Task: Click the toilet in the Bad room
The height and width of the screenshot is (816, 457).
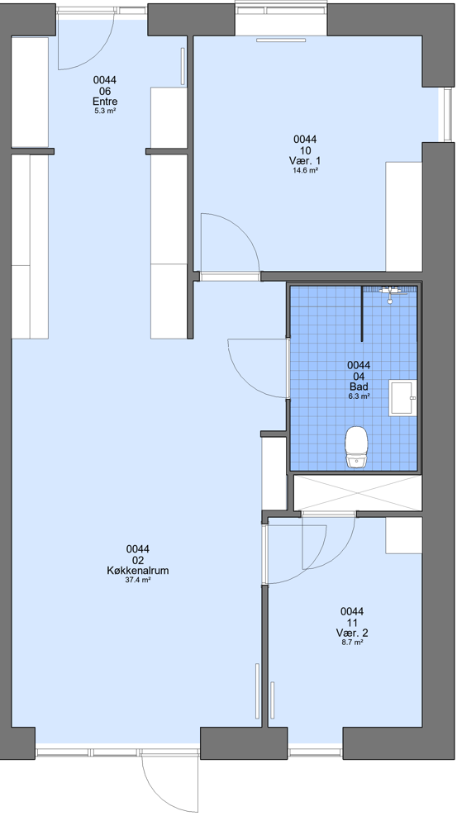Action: point(356,446)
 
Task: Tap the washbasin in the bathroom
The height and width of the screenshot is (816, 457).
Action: point(402,397)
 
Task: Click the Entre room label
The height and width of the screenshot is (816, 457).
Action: point(105,102)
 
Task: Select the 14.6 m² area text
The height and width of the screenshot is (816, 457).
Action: point(306,170)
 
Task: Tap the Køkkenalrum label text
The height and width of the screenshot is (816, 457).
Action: point(137,571)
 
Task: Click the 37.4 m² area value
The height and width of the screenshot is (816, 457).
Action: point(138,580)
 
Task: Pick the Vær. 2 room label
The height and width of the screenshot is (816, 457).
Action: point(352,633)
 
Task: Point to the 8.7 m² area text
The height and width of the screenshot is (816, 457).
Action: point(352,643)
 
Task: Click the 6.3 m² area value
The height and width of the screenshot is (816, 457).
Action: point(359,396)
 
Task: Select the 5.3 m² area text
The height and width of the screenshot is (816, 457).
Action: point(105,111)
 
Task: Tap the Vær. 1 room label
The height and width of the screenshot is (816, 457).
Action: point(306,160)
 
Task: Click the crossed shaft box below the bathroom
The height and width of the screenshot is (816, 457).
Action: point(358,492)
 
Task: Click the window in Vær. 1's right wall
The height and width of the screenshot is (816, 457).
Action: point(447,115)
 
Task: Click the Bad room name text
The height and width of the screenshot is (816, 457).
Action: point(359,387)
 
